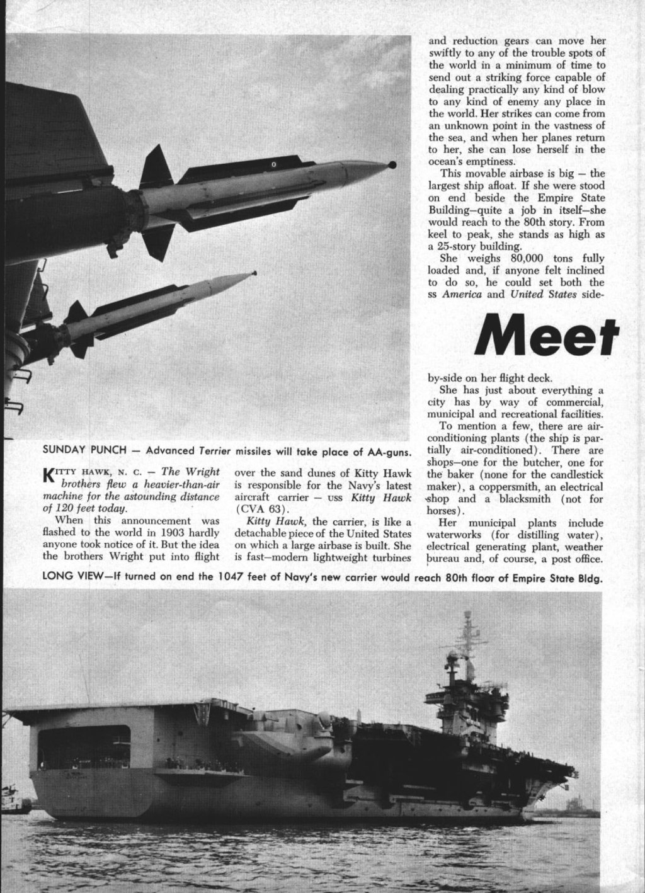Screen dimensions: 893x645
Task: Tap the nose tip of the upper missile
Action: click(x=392, y=164)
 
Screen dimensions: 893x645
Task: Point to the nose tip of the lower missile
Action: click(x=254, y=273)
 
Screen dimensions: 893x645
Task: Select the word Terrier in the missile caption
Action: click(x=214, y=451)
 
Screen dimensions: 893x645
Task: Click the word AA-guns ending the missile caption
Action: click(x=391, y=451)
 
